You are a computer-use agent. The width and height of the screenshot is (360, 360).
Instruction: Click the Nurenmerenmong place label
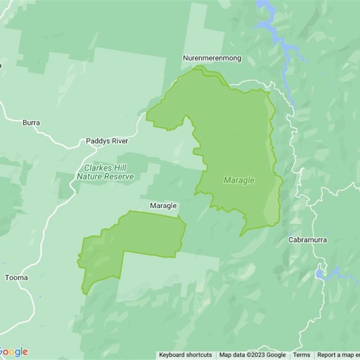pos(211,58)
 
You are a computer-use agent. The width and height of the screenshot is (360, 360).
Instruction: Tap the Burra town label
pos(31,122)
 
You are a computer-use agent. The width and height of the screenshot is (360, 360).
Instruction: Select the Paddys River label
pos(107,141)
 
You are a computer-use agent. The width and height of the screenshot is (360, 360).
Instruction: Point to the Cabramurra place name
pos(308,240)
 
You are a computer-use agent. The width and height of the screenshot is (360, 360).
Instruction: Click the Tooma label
pos(16,278)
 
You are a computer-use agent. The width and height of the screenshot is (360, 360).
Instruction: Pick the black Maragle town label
pos(163,206)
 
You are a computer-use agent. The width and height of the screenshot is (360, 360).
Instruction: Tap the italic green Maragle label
pos(239,180)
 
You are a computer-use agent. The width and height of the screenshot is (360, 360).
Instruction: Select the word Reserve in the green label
pos(119,177)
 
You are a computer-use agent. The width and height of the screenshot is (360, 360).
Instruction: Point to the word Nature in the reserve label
pos(89,177)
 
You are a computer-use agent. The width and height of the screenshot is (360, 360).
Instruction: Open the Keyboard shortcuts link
pos(185,355)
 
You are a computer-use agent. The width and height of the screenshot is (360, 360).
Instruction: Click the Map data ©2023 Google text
pos(252,355)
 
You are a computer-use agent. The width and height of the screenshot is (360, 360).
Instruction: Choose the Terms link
pos(301,355)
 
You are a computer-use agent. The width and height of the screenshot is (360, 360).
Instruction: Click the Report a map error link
pos(338,355)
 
